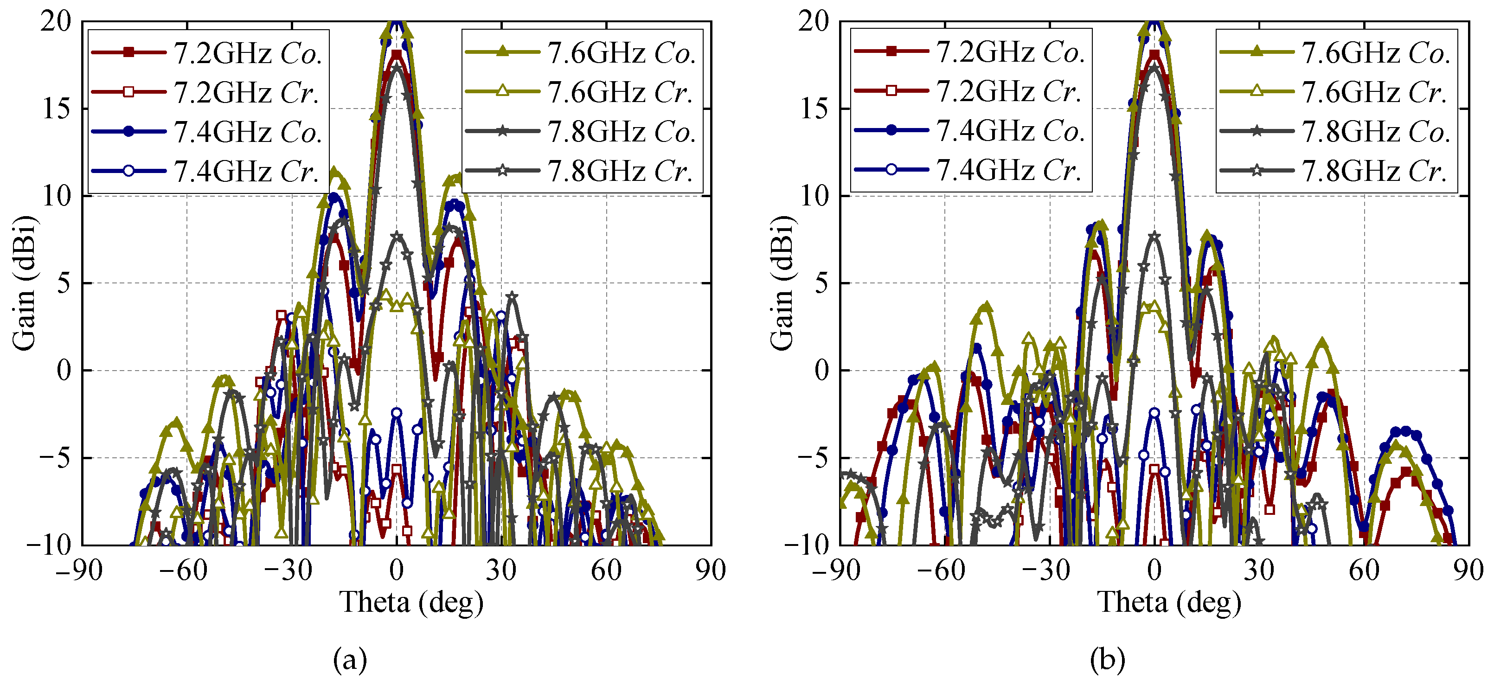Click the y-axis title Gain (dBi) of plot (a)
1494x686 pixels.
point(25,283)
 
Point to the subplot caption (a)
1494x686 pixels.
point(350,659)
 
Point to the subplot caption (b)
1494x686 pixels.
point(1107,659)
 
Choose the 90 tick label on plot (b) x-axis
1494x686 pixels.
point(1468,571)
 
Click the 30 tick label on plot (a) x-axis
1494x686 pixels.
point(501,571)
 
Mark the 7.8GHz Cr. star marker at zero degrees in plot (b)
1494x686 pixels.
point(1154,236)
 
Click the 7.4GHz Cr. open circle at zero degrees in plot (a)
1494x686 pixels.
point(397,413)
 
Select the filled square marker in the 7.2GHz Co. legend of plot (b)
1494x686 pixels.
point(892,51)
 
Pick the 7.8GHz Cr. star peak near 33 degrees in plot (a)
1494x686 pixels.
point(512,296)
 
